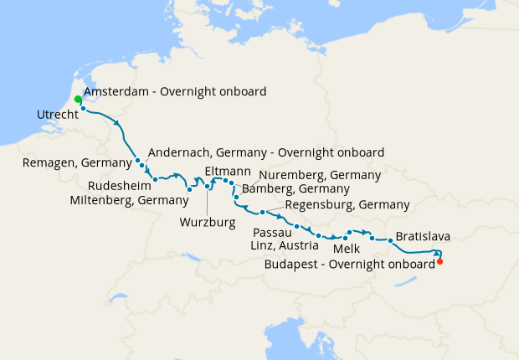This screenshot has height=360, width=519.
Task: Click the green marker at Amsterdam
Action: point(78,100)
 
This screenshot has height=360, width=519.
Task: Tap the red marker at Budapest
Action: point(440,262)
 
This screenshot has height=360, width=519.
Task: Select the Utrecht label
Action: point(58,114)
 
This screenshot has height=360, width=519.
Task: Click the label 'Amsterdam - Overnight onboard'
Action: point(175,92)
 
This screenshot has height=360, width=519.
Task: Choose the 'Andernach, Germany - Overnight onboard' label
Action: point(265,152)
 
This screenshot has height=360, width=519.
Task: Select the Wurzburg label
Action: point(206,223)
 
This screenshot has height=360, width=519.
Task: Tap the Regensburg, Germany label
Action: point(347,204)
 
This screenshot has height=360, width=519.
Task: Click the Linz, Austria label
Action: point(284,245)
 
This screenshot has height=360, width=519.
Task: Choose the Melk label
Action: point(347,249)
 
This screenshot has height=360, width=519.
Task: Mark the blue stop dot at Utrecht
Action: point(83,108)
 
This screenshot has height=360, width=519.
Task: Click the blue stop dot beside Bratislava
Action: point(390,241)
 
